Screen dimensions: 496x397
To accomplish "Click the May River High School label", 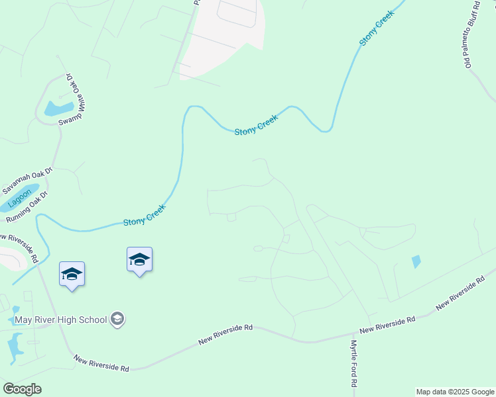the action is click(x=62, y=320).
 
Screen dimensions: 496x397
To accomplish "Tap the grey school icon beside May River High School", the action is click(x=117, y=320).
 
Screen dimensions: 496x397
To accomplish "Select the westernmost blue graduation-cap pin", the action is click(x=72, y=275).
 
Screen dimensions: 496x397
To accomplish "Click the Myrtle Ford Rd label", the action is click(x=354, y=363).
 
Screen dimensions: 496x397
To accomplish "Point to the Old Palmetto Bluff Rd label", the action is click(x=471, y=34).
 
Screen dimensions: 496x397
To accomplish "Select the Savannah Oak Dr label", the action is click(x=26, y=180).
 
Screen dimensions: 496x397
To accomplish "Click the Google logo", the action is click(x=22, y=389).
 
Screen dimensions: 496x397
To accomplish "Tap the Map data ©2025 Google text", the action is click(x=454, y=392).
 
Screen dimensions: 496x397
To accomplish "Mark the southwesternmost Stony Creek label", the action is click(x=144, y=216).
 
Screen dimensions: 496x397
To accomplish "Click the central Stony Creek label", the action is click(x=256, y=124).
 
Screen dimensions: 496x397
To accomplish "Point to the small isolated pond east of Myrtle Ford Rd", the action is click(x=416, y=261).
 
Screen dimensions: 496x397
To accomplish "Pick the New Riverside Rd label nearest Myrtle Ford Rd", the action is click(x=387, y=324).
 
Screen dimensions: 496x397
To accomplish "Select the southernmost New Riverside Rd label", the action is click(x=101, y=363).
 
